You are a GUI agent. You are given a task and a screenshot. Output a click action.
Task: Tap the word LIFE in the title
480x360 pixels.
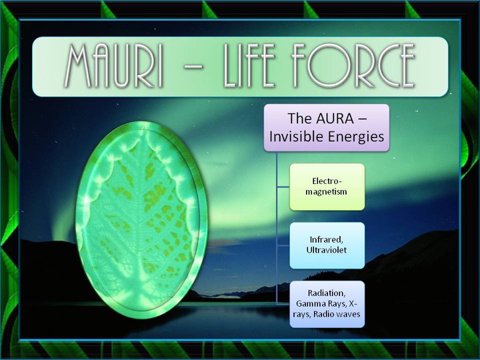point(263,67)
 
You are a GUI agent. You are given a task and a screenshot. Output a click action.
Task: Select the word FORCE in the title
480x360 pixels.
point(363,67)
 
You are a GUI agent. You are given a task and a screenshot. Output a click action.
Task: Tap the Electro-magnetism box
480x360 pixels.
point(327,186)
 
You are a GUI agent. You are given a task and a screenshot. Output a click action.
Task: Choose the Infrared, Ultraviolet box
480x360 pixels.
point(327,245)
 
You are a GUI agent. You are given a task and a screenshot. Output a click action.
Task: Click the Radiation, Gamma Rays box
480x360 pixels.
point(327,303)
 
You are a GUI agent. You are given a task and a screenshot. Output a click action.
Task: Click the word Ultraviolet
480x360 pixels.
point(327,250)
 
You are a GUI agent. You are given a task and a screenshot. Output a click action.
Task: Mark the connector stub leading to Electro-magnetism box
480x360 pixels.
point(283,186)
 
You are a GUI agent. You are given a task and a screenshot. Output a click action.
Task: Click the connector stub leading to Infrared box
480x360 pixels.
point(283,245)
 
